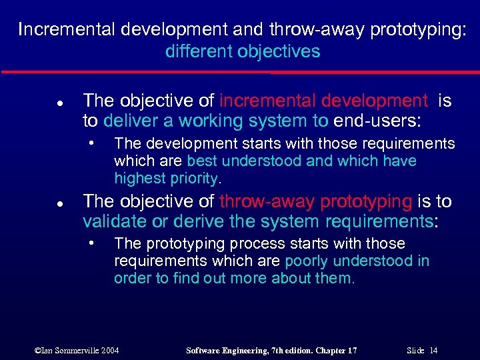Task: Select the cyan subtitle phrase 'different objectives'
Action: coord(243,51)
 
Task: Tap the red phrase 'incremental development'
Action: coord(323,101)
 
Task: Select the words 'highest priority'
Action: coord(166,178)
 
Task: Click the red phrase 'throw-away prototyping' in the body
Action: coord(315,201)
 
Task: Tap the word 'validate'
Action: coord(113,221)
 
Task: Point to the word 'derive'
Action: coord(189,221)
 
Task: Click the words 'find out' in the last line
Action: coord(197,278)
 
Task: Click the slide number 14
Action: coord(433,350)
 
